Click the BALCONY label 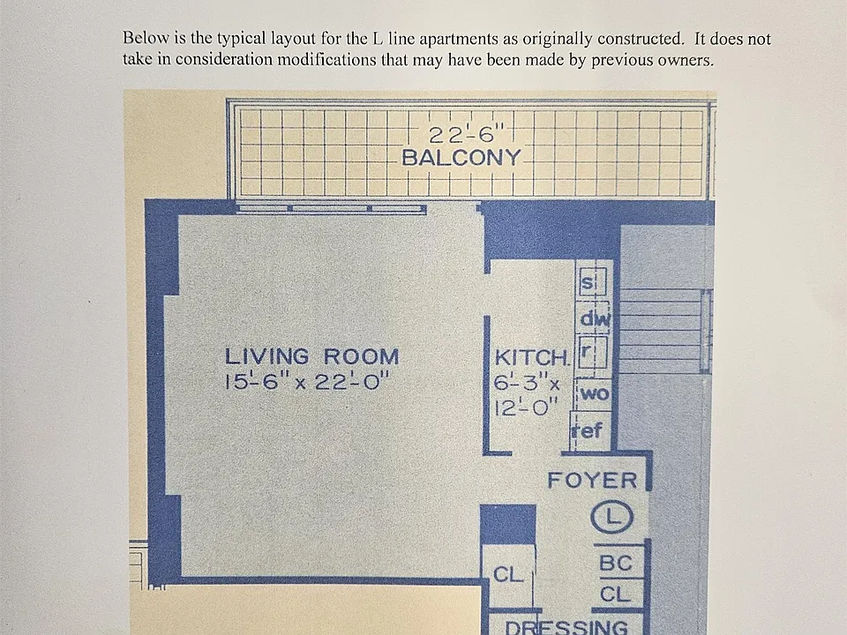point(461,158)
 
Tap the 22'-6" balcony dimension point(466,133)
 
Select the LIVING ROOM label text point(311,356)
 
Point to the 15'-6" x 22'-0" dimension point(306,381)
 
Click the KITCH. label point(532,357)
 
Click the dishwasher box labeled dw point(595,319)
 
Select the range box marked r point(592,352)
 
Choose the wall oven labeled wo point(593,394)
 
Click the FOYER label point(592,481)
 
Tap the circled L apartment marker point(611,517)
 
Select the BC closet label point(615,564)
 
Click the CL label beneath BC point(615,594)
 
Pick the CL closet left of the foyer point(508,574)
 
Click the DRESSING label point(566,627)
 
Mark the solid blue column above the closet point(508,524)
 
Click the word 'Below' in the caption point(141,38)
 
